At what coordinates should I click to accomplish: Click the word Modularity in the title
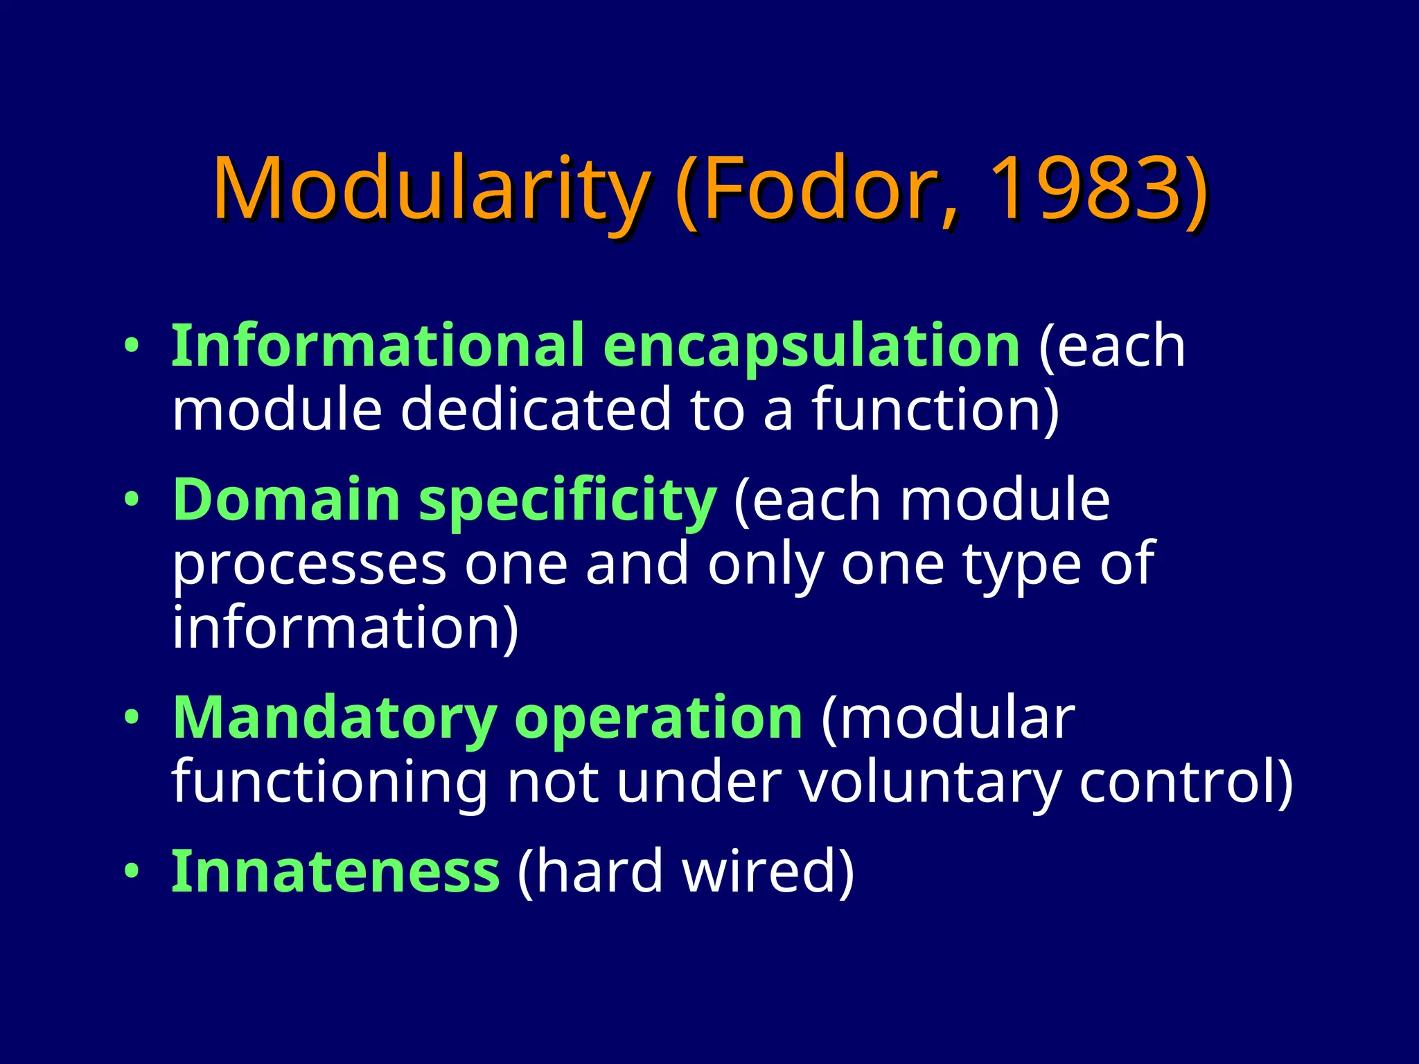point(430,188)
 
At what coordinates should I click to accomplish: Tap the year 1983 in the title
point(1085,188)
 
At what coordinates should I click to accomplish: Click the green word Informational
point(378,346)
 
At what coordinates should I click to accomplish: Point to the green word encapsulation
point(811,347)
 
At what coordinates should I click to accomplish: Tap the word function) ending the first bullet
point(935,409)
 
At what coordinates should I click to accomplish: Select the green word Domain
point(286,500)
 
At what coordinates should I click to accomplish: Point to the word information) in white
point(345,628)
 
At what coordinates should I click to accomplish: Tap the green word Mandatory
point(335,718)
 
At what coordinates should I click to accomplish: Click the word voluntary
point(929,783)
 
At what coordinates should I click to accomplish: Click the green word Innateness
point(335,872)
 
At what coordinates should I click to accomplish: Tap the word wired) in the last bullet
point(769,872)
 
